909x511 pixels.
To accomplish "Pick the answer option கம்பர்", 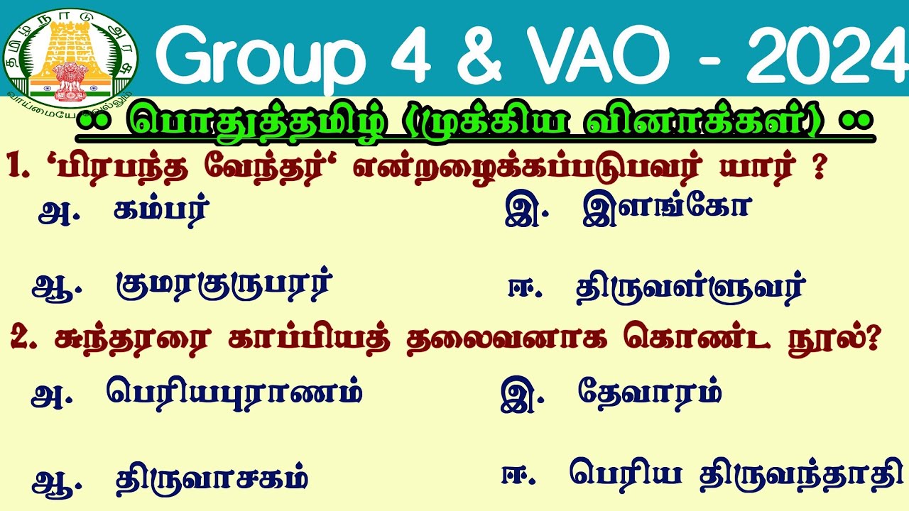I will [161, 212].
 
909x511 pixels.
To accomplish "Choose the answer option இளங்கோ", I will [665, 211].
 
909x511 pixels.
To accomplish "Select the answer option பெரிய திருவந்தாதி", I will [736, 474].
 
